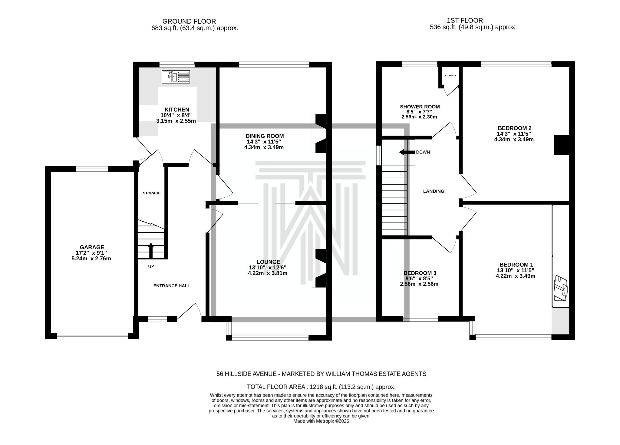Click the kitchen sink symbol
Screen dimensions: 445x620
pos(176,77)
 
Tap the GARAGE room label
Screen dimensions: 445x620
pos(92,247)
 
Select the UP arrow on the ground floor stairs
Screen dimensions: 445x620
pos(150,250)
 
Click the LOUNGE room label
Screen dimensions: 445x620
pos(268,262)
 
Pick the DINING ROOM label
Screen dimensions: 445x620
pos(265,136)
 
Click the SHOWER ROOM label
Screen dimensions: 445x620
pos(420,107)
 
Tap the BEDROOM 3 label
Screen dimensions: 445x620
pos(420,273)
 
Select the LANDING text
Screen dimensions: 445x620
pos(434,191)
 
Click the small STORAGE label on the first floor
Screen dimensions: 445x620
pos(450,75)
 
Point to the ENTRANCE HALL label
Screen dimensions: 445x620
pos(172,286)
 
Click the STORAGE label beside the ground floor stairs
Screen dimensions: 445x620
pos(152,193)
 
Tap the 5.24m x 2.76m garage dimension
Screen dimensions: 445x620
pos(91,259)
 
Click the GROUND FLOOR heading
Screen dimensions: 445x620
pos(189,21)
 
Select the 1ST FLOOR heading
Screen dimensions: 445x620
pos(465,20)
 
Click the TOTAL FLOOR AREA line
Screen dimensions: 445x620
pos(321,387)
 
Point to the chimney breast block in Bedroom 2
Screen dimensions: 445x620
pos(562,145)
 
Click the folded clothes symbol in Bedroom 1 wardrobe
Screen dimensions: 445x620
pos(560,288)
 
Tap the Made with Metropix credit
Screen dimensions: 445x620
pos(321,421)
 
